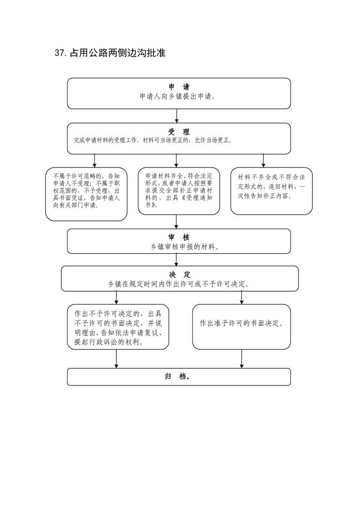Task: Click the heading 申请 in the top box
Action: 179,87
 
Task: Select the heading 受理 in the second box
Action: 179,132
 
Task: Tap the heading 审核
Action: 179,237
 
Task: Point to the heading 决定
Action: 180,274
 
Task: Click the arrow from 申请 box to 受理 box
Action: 177,116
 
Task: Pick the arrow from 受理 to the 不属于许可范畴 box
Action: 94,161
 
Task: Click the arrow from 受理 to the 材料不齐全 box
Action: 263,161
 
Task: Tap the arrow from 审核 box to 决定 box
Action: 177,259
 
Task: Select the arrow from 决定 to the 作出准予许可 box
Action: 242,298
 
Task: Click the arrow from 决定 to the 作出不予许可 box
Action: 116,298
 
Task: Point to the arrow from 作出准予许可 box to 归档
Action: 242,359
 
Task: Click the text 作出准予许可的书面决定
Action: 242,323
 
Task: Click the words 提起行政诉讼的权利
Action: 109,342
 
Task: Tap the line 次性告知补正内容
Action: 265,196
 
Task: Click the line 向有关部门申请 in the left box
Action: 76,205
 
